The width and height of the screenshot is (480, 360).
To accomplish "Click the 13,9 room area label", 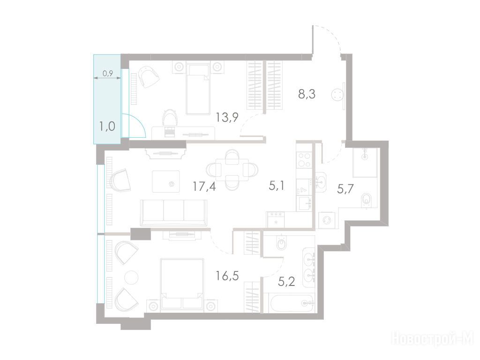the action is point(227,117).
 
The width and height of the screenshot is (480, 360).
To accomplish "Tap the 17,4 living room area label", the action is point(204,186).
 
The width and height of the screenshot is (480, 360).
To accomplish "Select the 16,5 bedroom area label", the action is point(227,276).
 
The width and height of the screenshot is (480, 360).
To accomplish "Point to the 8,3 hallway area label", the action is point(307,94).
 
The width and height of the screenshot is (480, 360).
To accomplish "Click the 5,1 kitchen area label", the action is point(277,186).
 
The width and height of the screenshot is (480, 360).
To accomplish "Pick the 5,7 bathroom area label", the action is point(345,189).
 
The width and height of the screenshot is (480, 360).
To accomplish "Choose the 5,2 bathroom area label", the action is point(286,281).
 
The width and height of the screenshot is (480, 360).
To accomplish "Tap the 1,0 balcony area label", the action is point(107,126).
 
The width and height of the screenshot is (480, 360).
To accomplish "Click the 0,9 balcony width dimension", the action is point(108,73).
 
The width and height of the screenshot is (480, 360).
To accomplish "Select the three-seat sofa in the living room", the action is point(173,212).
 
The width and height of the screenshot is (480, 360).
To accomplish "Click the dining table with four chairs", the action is point(232,169).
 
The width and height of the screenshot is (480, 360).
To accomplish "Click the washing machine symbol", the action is point(327,220).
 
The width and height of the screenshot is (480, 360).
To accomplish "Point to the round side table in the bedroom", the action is point(131,277).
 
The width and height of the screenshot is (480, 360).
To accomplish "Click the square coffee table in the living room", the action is point(165,181).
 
